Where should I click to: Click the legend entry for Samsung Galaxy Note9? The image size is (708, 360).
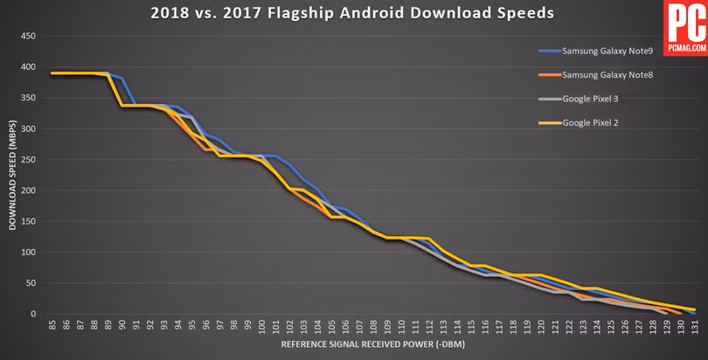tap(607, 51)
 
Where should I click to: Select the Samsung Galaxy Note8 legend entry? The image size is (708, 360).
tap(607, 75)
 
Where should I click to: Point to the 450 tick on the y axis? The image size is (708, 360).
tap(29, 37)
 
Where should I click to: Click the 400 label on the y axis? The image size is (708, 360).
tap(29, 67)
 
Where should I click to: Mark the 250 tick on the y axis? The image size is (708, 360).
tap(29, 160)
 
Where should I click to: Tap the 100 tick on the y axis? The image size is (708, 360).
tap(29, 253)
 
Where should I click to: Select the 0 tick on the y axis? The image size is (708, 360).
tap(33, 314)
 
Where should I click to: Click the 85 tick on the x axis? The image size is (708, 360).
tap(52, 326)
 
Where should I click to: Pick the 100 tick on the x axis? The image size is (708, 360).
tap(261, 327)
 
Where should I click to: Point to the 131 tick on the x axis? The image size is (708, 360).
tap(693, 327)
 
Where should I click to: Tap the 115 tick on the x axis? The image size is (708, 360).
tap(470, 327)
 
